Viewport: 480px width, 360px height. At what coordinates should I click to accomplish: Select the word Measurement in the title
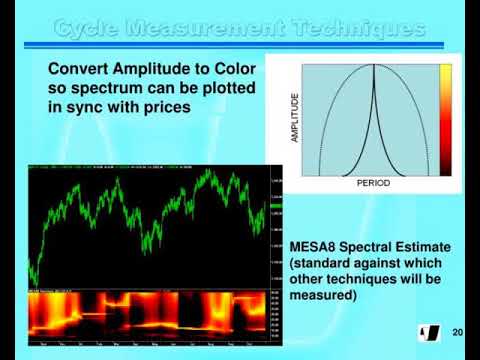coord(204,27)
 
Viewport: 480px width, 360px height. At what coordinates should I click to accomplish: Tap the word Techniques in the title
coord(354,27)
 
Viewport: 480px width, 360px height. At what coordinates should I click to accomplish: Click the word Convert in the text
coord(82,68)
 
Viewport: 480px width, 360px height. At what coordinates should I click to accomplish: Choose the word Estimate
coord(437,246)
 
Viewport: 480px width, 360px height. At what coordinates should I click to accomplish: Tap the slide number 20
coord(458,331)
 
